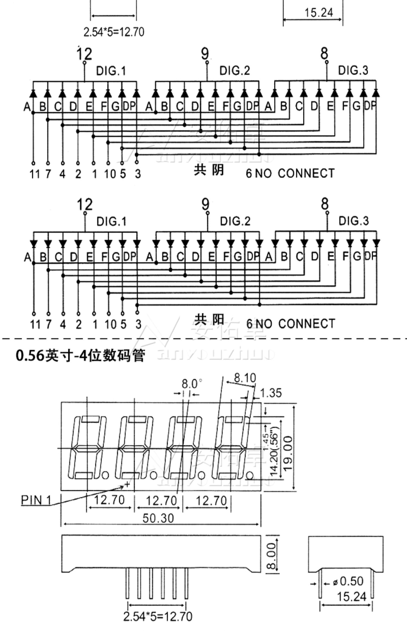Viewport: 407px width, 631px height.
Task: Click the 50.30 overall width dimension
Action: [x=158, y=518]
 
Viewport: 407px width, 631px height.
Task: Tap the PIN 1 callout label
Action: [x=36, y=500]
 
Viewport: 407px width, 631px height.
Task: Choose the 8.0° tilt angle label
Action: [x=192, y=384]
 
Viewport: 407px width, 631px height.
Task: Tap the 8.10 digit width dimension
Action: [x=245, y=377]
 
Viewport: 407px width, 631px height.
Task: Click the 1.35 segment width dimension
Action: [x=271, y=393]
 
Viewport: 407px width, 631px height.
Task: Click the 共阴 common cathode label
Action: [x=209, y=170]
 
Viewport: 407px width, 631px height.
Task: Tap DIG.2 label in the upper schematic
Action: [x=234, y=71]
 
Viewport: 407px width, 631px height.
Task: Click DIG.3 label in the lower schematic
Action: [x=354, y=221]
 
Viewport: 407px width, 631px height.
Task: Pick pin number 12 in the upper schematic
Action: [x=84, y=54]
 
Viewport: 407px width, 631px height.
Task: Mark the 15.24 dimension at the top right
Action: [x=318, y=13]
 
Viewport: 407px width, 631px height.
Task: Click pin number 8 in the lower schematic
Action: [x=325, y=204]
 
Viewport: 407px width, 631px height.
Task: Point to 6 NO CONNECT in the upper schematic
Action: [x=290, y=173]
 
